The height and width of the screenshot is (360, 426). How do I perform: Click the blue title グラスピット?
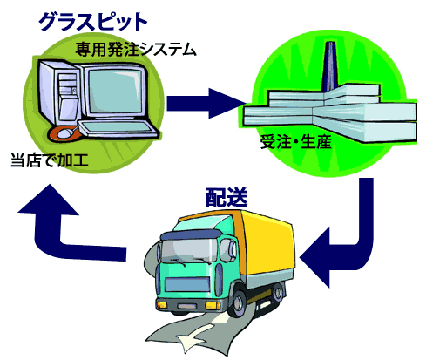point(92,22)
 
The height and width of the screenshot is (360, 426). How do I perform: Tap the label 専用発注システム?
point(136,49)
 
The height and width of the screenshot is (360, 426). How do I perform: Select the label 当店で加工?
point(50,160)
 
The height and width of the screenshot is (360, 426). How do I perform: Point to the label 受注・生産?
point(296,142)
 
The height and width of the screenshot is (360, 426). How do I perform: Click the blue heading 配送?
point(227,197)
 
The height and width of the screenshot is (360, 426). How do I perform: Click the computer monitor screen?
point(115,91)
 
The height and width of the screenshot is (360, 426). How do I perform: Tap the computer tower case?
point(59,94)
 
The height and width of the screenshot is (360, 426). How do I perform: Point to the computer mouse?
point(65,133)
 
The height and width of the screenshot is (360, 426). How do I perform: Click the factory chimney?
point(329,67)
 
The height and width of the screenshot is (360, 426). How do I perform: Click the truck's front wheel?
point(238,302)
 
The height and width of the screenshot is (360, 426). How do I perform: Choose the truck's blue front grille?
point(187,284)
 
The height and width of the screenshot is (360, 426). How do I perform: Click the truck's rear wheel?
point(278,292)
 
